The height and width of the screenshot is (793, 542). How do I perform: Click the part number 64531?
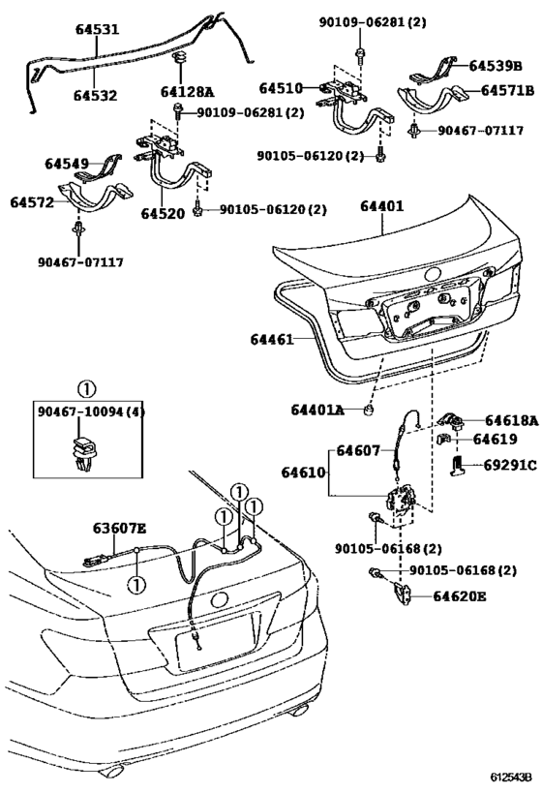[97, 30]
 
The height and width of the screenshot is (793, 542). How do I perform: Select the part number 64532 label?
[97, 94]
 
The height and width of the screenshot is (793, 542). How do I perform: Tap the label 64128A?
[179, 93]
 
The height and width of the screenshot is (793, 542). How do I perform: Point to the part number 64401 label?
[382, 206]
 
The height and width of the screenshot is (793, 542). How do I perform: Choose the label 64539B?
[496, 67]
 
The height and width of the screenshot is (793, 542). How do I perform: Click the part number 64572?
[32, 202]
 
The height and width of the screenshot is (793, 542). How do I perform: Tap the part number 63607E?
[119, 529]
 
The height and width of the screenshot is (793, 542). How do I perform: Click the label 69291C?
[509, 466]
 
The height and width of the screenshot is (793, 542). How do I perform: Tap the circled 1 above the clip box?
[86, 389]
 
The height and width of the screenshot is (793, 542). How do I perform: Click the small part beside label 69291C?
[462, 467]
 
